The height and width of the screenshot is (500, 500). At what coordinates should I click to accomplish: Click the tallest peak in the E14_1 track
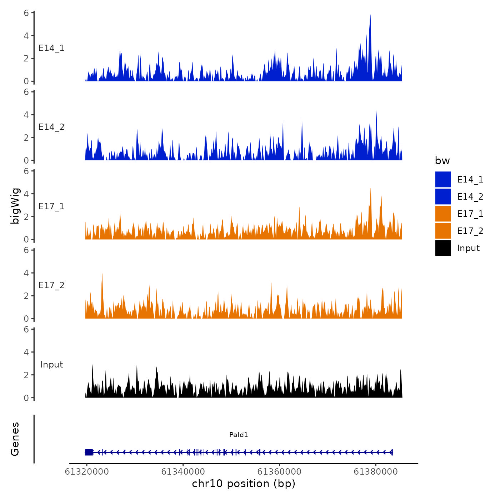click(370, 16)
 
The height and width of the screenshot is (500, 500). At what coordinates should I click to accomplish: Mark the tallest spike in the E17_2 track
click(102, 274)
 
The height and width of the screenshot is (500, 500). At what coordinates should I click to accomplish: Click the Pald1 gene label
click(239, 435)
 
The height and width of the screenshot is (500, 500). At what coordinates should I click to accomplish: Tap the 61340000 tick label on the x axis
click(183, 472)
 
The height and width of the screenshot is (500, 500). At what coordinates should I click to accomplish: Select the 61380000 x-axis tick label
click(376, 472)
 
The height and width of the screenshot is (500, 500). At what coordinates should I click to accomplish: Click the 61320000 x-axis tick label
click(87, 472)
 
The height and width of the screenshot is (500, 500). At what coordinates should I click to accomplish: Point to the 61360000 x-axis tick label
click(279, 472)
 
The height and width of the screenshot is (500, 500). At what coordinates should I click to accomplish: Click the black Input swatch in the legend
click(443, 248)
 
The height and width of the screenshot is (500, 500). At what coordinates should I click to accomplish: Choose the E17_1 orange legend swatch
click(443, 214)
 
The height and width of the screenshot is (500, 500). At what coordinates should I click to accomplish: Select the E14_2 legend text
click(470, 197)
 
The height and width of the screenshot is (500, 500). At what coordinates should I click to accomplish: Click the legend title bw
click(442, 161)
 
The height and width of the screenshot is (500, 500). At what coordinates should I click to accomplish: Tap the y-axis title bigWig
click(15, 206)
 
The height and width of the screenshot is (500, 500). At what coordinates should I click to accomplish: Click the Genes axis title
click(15, 439)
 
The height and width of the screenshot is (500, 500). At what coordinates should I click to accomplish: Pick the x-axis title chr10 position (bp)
click(244, 484)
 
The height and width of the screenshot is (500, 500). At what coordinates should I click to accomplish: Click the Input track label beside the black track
click(51, 365)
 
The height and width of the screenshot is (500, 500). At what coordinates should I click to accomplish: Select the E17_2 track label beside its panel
click(51, 285)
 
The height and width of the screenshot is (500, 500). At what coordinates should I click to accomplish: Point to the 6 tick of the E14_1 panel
click(26, 13)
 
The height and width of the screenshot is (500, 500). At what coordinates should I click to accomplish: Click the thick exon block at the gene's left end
click(89, 452)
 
